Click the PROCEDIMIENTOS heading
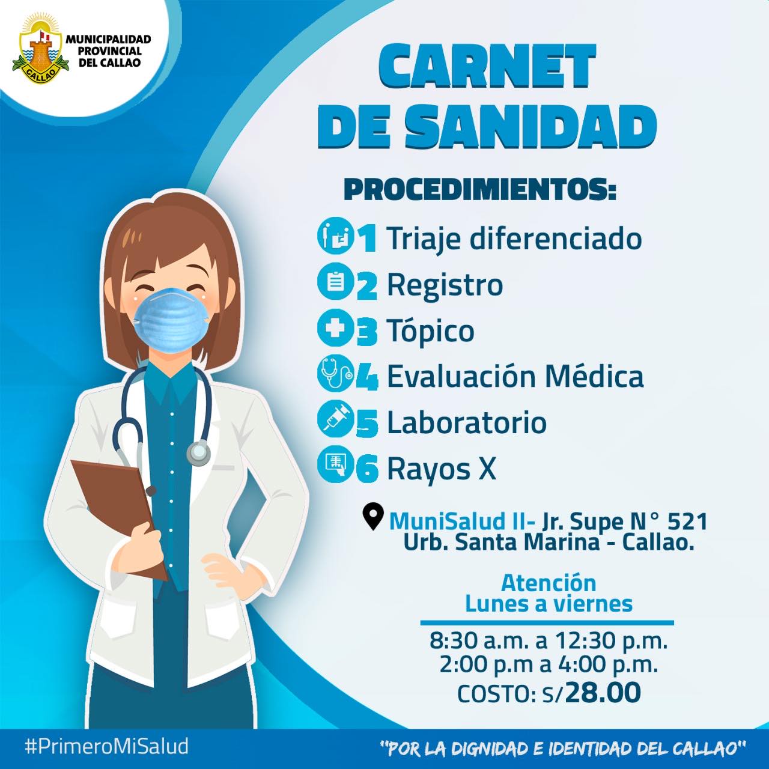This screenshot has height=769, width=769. tap(480, 190)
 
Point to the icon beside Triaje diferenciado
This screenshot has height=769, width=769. tap(336, 236)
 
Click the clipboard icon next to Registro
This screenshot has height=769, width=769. tap(336, 282)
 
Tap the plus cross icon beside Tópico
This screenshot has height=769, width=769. tap(336, 328)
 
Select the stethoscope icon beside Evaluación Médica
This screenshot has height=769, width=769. tap(336, 374)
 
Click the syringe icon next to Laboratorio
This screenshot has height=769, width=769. tap(336, 420)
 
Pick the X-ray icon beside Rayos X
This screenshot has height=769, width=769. tap(336, 464)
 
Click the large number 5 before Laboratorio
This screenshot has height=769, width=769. tap(366, 424)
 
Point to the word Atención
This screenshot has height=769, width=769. tap(549, 583)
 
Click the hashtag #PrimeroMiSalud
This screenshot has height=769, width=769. tap(106, 746)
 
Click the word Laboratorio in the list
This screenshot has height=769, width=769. tap(467, 422)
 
